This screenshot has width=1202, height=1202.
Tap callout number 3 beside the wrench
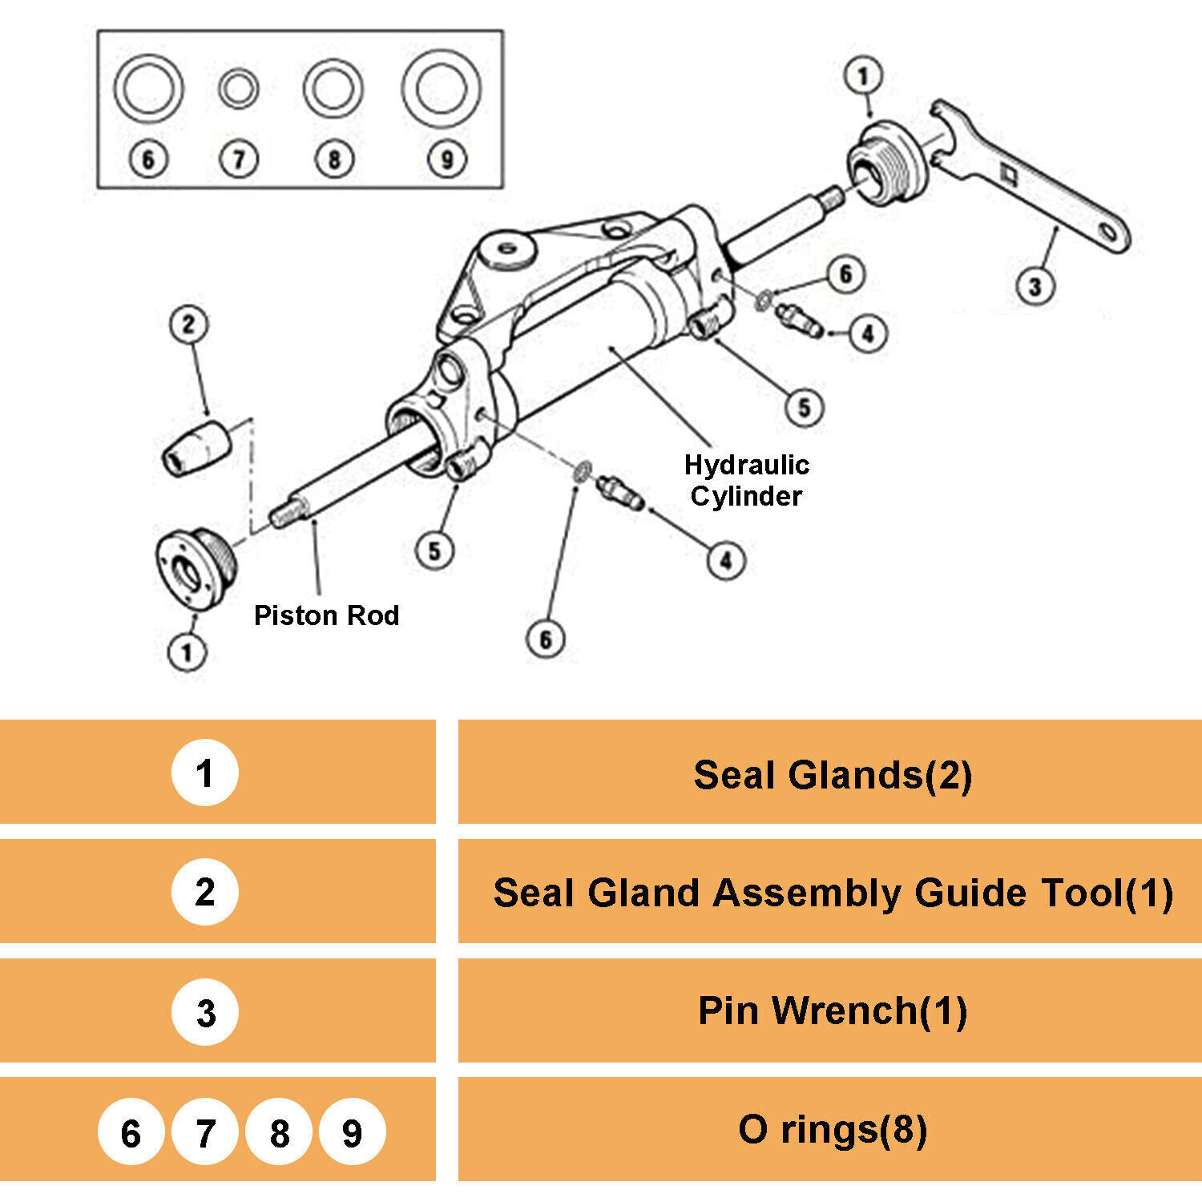click(x=1035, y=286)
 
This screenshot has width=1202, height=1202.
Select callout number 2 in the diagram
click(x=189, y=325)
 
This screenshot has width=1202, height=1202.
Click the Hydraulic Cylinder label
click(x=746, y=480)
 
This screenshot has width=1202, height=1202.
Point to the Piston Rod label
click(x=326, y=615)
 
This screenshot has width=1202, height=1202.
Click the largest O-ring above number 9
click(x=441, y=88)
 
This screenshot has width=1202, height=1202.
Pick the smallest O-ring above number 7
click(x=238, y=88)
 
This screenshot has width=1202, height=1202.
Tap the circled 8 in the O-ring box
click(x=334, y=159)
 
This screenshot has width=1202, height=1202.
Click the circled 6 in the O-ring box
click(x=148, y=159)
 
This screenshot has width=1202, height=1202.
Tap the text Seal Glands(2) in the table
click(x=833, y=775)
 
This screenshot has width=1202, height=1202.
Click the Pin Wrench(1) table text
click(x=833, y=1010)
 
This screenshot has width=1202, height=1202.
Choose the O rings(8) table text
click(x=833, y=1129)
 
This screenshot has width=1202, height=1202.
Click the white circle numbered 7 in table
click(x=205, y=1131)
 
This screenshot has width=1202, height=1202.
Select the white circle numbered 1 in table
click(x=204, y=772)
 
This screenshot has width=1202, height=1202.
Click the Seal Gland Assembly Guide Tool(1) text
click(x=833, y=893)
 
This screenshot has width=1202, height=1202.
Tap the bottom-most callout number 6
click(x=546, y=639)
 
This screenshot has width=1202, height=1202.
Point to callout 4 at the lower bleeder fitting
click(x=726, y=559)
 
